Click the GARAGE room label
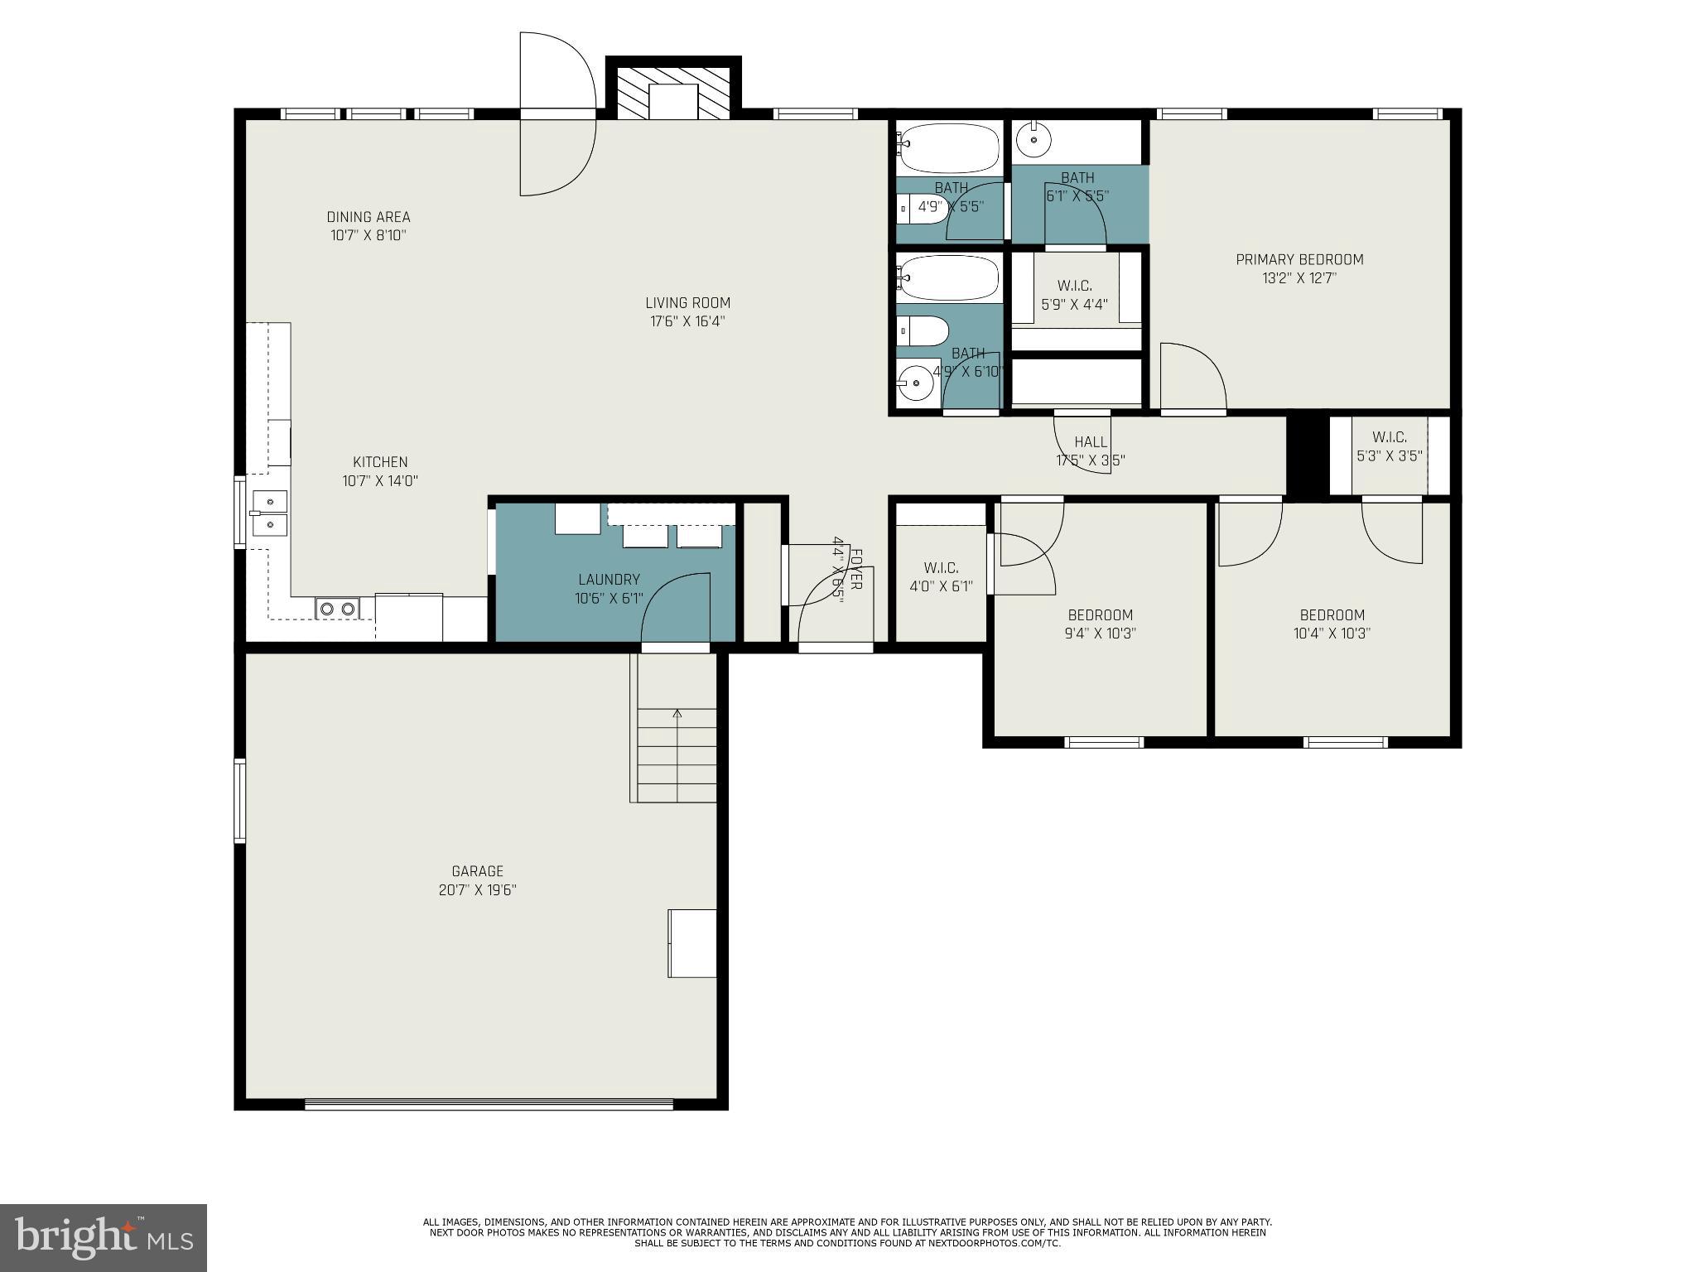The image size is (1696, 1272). click(477, 871)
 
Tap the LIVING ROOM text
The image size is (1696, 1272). click(687, 303)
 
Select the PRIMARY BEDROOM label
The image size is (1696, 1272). click(1298, 260)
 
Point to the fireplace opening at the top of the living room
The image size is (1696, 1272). click(673, 101)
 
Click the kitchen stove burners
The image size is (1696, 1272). click(337, 609)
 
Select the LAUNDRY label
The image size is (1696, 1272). click(609, 580)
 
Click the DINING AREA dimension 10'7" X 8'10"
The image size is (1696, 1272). click(368, 235)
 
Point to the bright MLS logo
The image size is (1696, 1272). click(103, 1237)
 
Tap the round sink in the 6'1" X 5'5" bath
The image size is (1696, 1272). click(1033, 140)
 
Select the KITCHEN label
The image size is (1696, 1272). click(380, 462)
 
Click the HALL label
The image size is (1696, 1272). click(1090, 442)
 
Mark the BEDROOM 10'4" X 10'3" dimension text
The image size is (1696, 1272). click(1332, 634)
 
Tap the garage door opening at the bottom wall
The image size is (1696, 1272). click(489, 1103)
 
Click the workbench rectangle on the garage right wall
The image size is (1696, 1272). click(692, 943)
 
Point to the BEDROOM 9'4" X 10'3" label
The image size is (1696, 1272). click(1100, 615)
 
